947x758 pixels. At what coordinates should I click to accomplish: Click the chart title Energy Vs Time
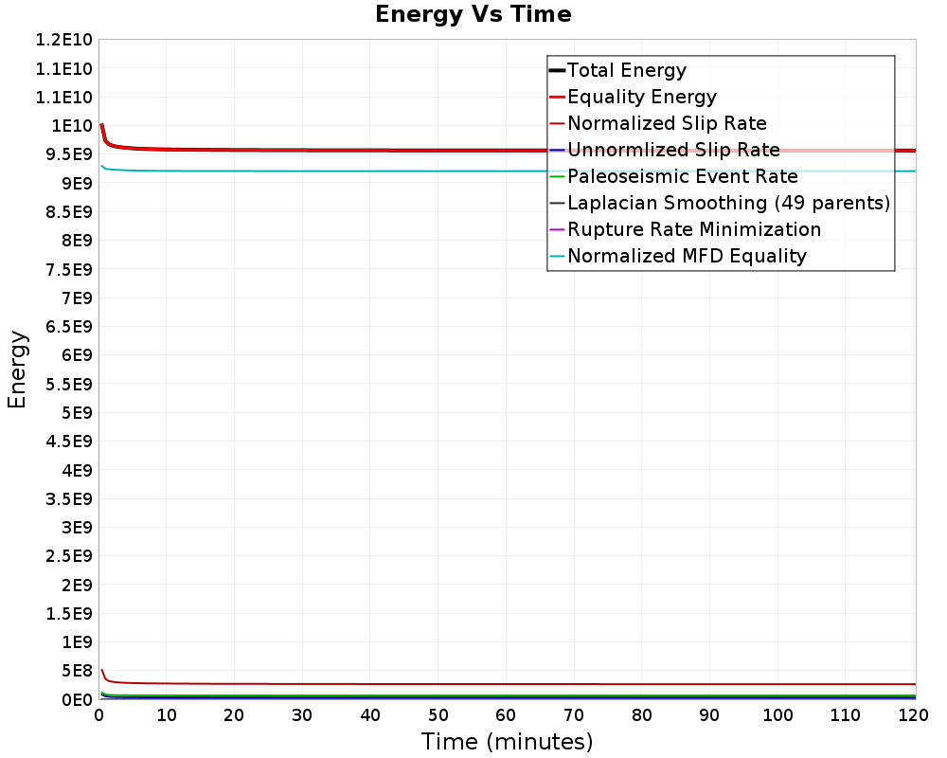tap(473, 14)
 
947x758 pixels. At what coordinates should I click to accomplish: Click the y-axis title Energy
tap(17, 369)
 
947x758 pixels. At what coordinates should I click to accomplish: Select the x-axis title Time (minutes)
tap(507, 741)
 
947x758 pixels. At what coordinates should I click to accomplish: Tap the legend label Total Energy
tap(627, 70)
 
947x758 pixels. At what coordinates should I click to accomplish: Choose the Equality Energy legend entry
tap(642, 97)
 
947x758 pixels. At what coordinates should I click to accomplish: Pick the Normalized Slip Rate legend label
tap(667, 123)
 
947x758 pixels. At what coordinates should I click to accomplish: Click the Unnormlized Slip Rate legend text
tap(673, 150)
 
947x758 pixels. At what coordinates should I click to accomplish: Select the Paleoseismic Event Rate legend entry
tap(683, 176)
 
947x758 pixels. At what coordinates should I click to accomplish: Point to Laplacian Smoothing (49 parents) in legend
tap(728, 203)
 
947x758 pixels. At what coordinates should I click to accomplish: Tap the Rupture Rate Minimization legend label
tap(694, 229)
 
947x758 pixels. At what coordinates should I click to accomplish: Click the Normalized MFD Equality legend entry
tap(687, 256)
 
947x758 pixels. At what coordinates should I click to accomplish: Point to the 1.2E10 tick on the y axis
tap(63, 40)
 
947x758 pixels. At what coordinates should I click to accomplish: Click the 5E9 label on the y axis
tap(75, 412)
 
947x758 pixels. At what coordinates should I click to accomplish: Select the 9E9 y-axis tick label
tap(75, 183)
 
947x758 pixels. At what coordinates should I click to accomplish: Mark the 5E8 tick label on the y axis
tap(75, 671)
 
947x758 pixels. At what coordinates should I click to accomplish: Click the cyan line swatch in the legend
tap(557, 256)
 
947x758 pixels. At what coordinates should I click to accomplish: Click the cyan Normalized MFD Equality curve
tap(379, 171)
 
